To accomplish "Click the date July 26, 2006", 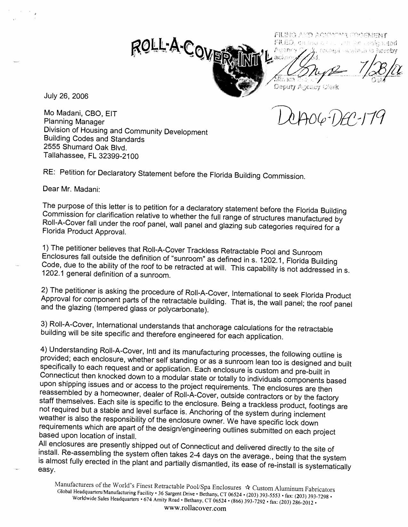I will (66, 96).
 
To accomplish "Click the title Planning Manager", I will (74, 122).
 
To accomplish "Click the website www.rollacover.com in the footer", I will (195, 508).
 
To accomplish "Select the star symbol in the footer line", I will (247, 488).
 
